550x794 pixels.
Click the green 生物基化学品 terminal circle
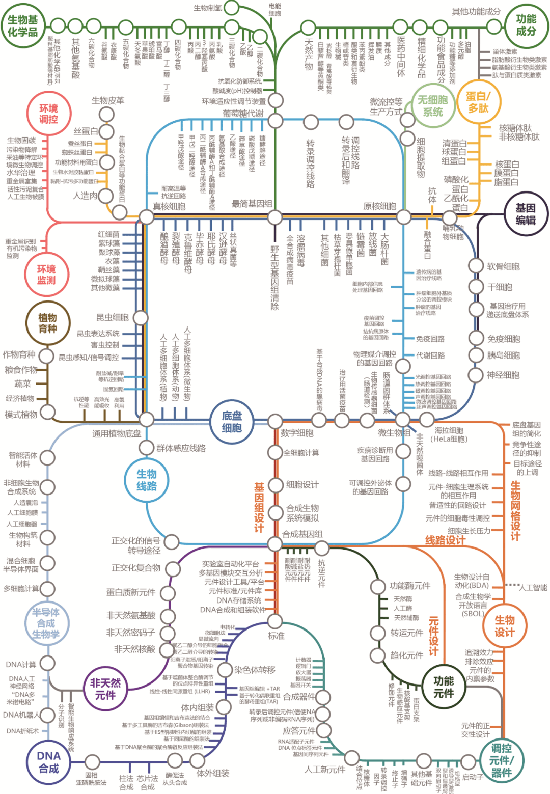click(23, 25)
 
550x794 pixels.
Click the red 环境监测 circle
click(46, 275)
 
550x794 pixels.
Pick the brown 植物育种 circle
click(47, 323)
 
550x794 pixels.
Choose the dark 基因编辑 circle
click(525, 214)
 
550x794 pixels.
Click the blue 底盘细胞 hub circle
click(232, 422)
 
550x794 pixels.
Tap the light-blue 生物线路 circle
click(147, 480)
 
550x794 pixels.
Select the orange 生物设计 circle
click(504, 626)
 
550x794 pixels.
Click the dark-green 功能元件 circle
click(444, 687)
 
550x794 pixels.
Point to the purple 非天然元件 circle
click(105, 688)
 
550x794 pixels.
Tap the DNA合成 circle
click(49, 762)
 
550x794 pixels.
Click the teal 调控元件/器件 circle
click(501, 760)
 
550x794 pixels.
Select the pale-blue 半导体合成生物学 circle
click(46, 623)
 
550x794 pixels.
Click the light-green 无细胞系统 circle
click(433, 106)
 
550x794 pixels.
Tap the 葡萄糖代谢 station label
click(243, 113)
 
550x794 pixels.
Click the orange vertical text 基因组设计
click(259, 507)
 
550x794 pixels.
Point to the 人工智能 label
click(533, 587)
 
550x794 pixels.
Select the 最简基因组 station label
click(252, 204)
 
